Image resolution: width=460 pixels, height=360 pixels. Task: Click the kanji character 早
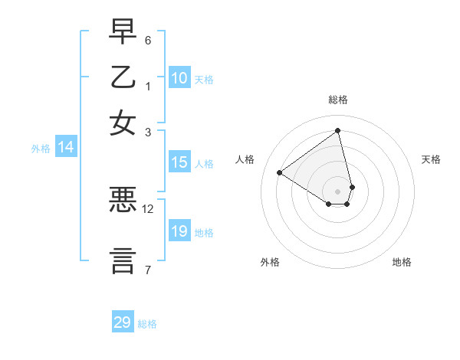(123, 34)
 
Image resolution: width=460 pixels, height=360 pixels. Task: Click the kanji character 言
(123, 260)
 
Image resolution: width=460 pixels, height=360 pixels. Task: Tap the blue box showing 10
(179, 78)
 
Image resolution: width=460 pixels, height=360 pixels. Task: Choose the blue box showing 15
(179, 162)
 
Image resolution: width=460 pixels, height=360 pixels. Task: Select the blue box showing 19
(179, 231)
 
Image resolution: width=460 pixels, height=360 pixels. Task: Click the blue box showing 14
(66, 148)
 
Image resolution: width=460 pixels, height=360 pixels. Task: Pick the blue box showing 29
(123, 322)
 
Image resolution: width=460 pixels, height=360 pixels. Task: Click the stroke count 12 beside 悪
(148, 208)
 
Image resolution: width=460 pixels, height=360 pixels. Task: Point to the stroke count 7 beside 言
(148, 269)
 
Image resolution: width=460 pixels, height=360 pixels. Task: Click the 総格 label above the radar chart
(338, 100)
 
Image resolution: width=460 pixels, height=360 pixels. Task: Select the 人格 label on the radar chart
(245, 159)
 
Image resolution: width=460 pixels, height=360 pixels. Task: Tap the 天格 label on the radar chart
(431, 159)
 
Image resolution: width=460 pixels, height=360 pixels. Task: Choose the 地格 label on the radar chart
(402, 262)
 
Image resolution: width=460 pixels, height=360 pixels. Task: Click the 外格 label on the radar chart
(270, 262)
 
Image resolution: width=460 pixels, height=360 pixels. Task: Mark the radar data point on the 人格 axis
(280, 172)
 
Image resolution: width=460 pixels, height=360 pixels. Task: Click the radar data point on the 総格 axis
(338, 130)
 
